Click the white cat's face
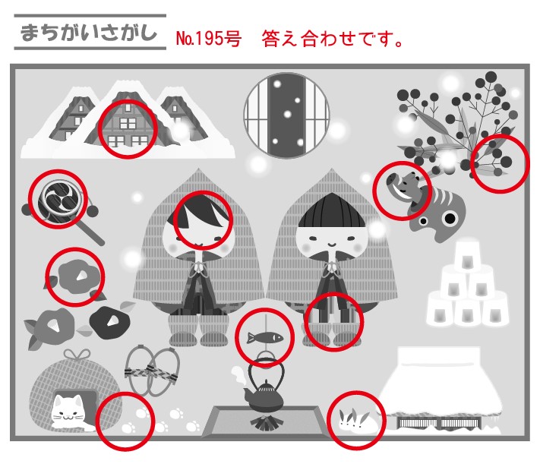point(68,410)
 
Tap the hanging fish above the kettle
point(265,338)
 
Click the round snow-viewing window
point(286,115)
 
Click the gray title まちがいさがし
point(89,33)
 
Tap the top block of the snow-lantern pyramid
point(467,256)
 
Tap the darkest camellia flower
point(110,323)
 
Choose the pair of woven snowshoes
point(152,371)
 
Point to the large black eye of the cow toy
point(450,218)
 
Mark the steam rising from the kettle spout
point(238,377)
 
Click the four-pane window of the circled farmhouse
point(128,123)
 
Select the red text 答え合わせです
point(333,39)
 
